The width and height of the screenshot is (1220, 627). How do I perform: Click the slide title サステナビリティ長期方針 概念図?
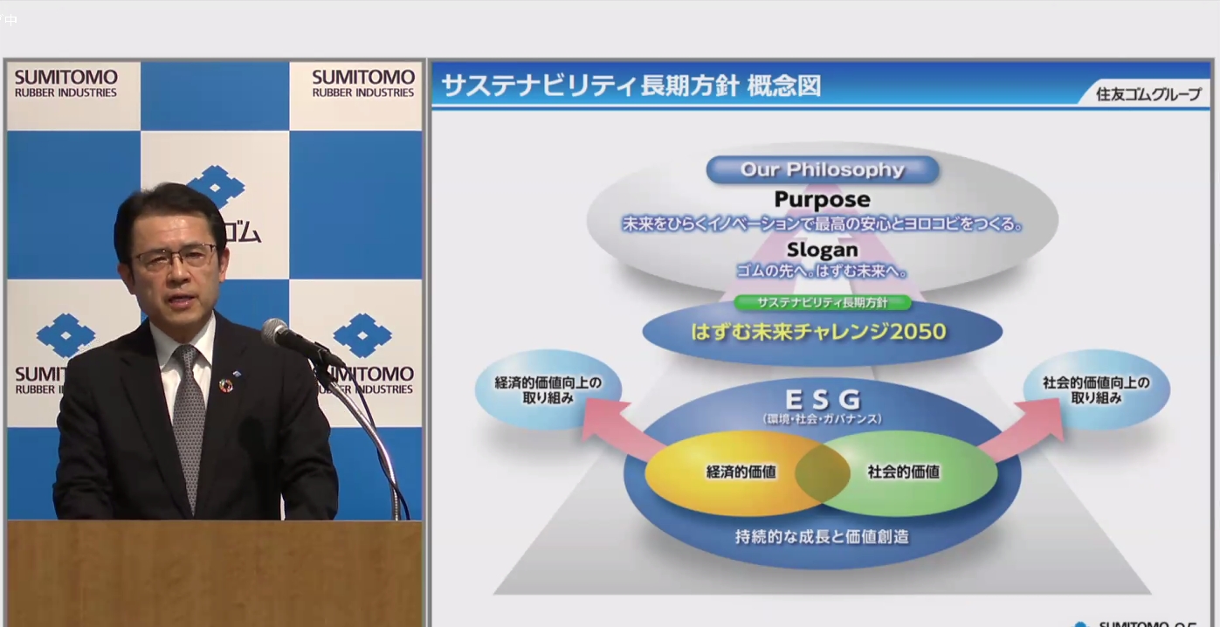click(631, 86)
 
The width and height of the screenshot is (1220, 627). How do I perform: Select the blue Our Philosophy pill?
click(822, 169)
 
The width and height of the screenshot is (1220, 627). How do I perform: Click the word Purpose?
click(822, 199)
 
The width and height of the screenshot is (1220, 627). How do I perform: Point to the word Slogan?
click(822, 250)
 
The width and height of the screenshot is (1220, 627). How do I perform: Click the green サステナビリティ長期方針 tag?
click(822, 302)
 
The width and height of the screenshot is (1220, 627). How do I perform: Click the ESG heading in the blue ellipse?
click(822, 400)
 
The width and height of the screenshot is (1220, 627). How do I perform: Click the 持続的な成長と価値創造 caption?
click(822, 536)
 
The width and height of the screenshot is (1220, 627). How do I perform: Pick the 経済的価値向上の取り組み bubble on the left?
click(548, 389)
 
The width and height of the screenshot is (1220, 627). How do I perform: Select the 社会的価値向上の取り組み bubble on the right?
click(1096, 389)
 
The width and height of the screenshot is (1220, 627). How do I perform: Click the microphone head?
click(277, 331)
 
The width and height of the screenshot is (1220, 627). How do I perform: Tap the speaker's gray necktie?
click(189, 419)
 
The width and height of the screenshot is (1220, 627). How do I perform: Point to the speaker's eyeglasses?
click(175, 257)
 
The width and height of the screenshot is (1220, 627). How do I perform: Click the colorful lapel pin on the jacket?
click(225, 385)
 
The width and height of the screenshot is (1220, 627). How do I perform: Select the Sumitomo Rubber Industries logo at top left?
click(65, 84)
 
